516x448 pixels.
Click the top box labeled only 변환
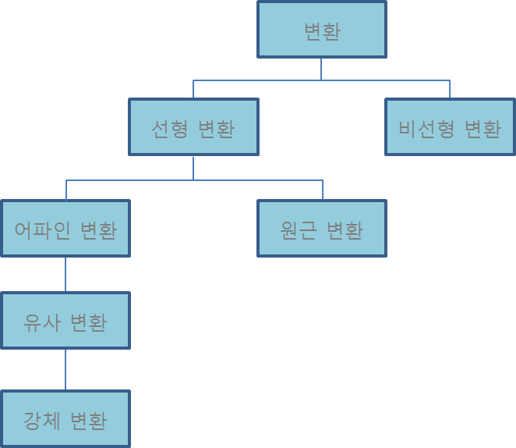tap(322, 30)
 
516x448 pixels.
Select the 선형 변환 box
tap(193, 127)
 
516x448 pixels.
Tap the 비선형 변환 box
tap(450, 127)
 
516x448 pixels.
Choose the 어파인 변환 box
tap(65, 229)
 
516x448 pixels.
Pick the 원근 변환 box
tap(322, 229)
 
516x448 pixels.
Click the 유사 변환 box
tap(65, 321)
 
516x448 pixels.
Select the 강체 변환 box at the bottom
tap(65, 419)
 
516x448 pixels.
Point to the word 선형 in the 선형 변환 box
tap(170, 128)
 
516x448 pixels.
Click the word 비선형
tap(426, 128)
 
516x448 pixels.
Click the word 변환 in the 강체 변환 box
tap(89, 420)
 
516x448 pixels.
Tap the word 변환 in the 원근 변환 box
tap(345, 229)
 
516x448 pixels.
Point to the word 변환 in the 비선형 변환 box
tap(482, 128)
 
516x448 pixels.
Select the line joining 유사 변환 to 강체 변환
tap(65, 370)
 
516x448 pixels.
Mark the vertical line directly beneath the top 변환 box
tap(321, 69)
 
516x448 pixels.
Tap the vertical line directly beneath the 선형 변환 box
tap(193, 168)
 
